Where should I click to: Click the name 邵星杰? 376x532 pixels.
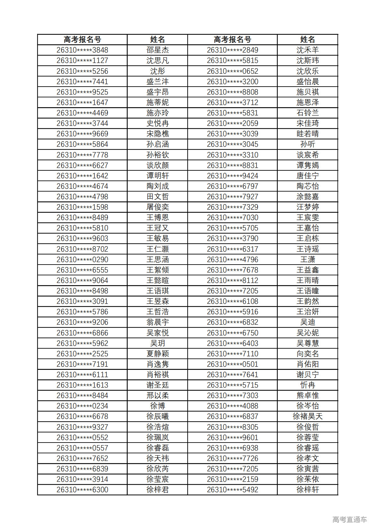(157, 50)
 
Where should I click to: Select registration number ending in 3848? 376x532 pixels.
(82, 50)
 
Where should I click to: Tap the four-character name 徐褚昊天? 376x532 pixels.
(307, 416)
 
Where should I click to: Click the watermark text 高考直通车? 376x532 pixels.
(349, 519)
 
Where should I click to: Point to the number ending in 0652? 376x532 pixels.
(232, 71)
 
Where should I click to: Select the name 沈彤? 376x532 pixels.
(157, 71)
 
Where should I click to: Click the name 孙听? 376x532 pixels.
(307, 144)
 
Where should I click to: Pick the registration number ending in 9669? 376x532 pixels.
(82, 134)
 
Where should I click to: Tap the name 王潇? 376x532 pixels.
(307, 260)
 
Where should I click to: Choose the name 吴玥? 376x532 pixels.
(157, 343)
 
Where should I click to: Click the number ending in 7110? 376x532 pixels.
(232, 354)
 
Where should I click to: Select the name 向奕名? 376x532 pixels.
(307, 354)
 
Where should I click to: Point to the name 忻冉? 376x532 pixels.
(307, 385)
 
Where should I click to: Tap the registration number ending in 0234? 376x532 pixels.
(82, 406)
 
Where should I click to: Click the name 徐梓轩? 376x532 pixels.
(307, 490)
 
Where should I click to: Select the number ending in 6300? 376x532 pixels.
(82, 490)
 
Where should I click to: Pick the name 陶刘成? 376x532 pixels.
(157, 186)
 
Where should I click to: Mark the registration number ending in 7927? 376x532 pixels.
(232, 197)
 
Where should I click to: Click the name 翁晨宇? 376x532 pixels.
(157, 322)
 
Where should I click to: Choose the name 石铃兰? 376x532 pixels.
(307, 113)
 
